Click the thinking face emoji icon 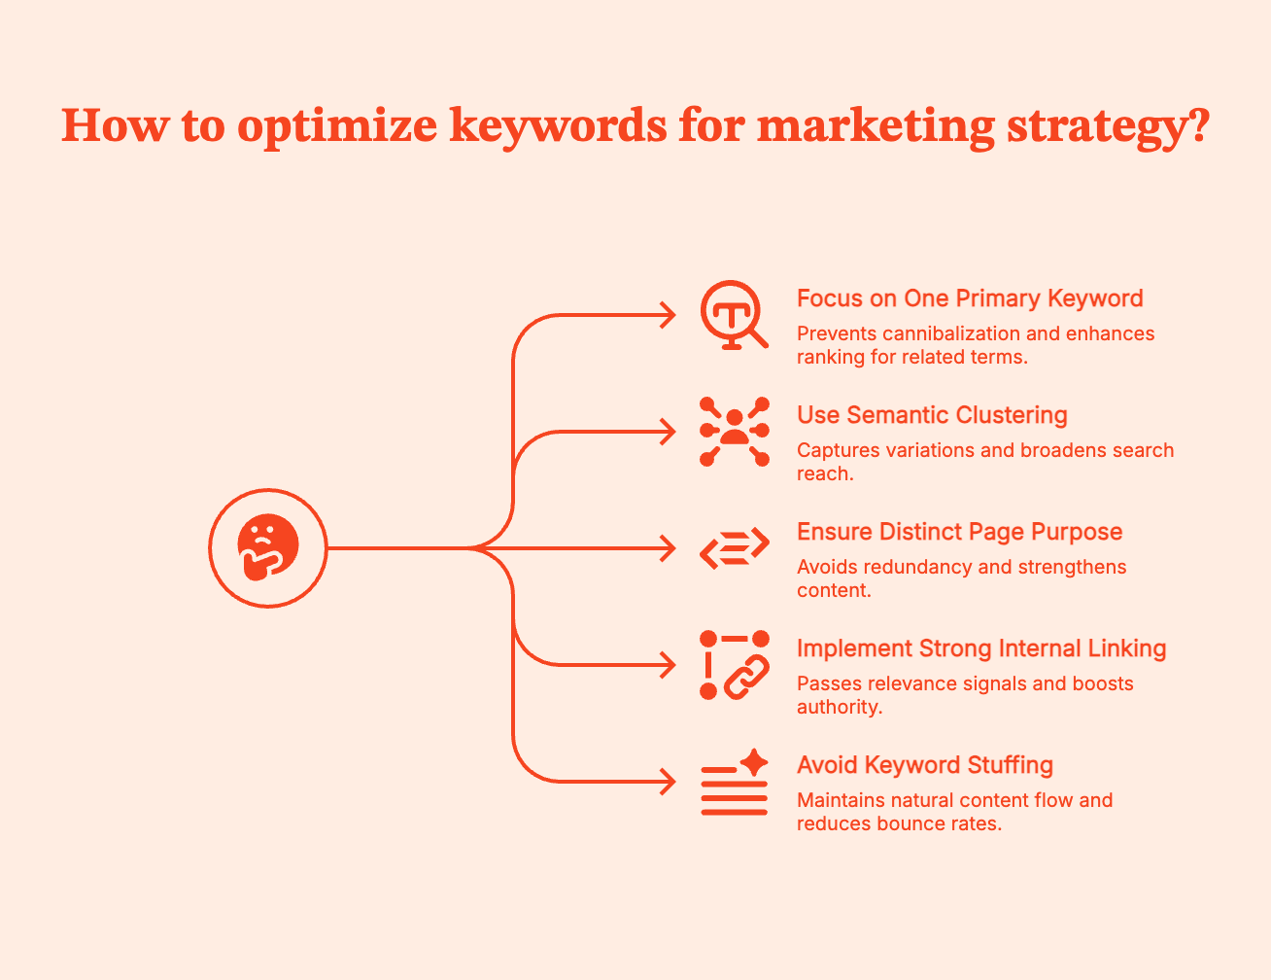[x=268, y=548]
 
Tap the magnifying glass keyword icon [x=734, y=315]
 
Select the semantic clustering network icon [x=735, y=432]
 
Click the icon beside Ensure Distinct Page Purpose [x=735, y=548]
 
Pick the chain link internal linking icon [x=735, y=665]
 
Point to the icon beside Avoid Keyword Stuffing [x=735, y=784]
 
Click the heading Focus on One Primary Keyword [x=970, y=298]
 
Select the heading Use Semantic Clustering [x=932, y=415]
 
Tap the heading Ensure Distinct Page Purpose [x=959, y=532]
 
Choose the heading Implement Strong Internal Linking [x=981, y=648]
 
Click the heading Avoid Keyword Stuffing [x=925, y=765]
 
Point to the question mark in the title [x=1197, y=126]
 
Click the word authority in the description [x=839, y=707]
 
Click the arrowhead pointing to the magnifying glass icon [x=669, y=315]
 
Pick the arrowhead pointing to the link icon [x=669, y=665]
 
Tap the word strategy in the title [x=1093, y=126]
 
